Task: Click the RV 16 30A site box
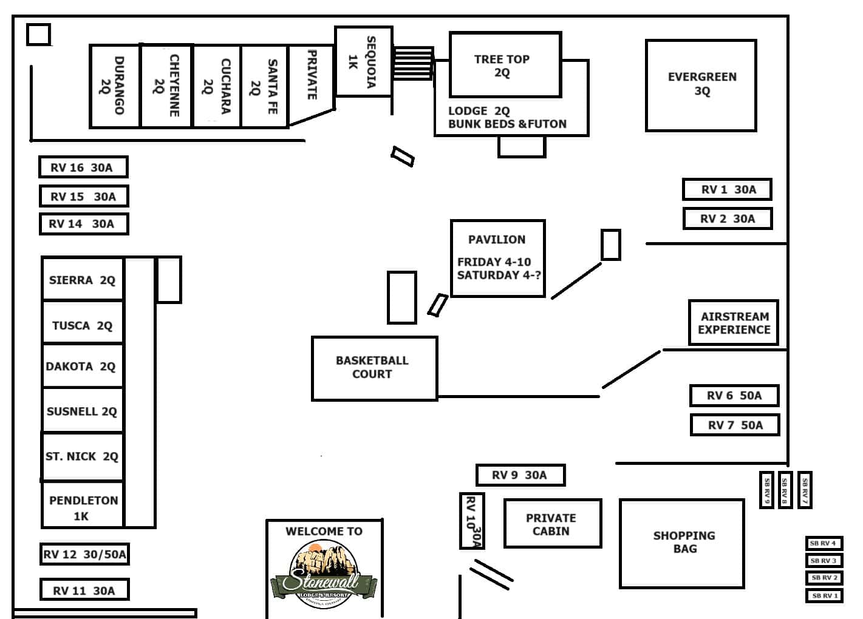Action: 83,167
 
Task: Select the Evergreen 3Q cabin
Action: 701,85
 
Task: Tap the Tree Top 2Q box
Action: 504,65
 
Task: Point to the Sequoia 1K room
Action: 363,61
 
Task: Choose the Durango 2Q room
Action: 115,86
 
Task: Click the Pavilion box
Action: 497,258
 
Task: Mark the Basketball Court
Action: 374,368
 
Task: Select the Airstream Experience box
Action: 733,323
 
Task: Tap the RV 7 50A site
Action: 734,425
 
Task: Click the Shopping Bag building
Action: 682,543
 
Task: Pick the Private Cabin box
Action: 552,524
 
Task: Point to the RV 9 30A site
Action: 520,475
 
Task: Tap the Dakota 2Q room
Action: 82,366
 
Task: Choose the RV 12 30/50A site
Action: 84,554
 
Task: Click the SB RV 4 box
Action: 824,543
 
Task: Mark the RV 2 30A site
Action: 727,218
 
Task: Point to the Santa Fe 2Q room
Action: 264,86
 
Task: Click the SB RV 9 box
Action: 766,490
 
